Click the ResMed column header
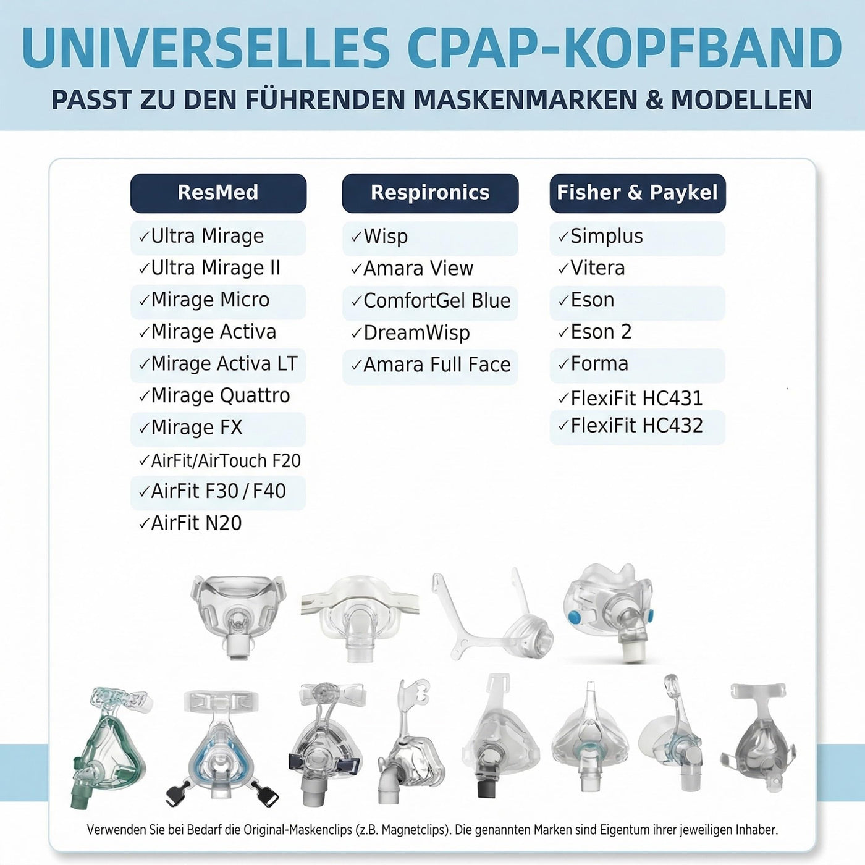point(218,193)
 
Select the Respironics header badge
point(430,193)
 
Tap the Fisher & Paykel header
point(638,193)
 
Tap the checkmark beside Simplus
point(563,237)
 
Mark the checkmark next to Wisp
point(357,237)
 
